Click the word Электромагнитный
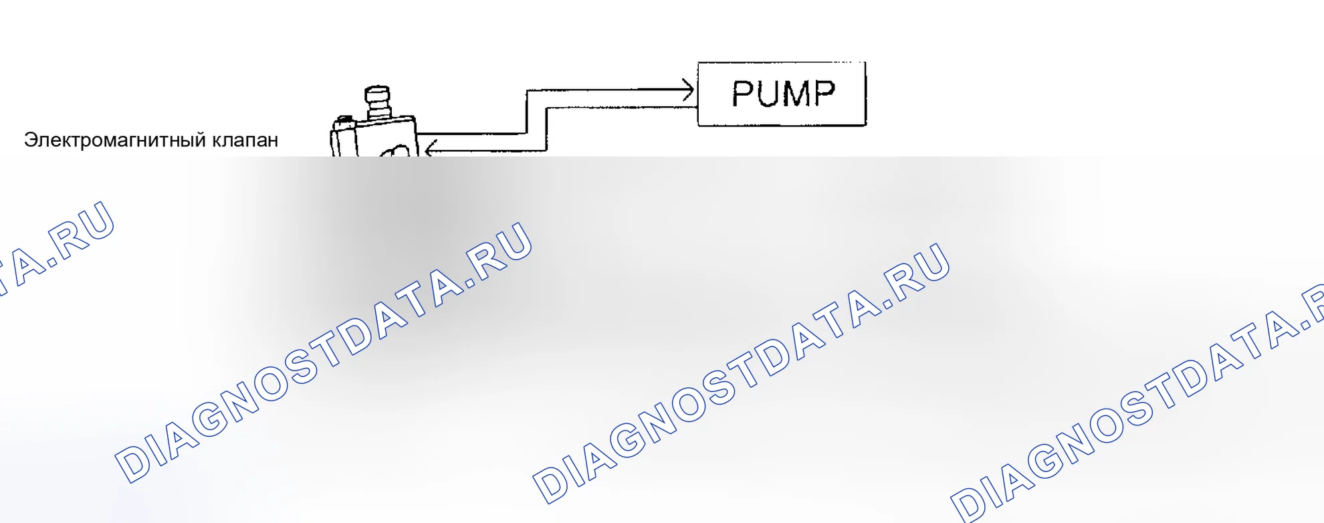click(x=115, y=140)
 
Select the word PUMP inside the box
click(x=783, y=94)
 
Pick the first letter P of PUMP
click(x=742, y=94)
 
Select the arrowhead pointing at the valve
click(x=431, y=148)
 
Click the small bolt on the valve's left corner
click(x=344, y=121)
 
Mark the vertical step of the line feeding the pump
click(x=527, y=112)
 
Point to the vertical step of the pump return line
click(x=547, y=128)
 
